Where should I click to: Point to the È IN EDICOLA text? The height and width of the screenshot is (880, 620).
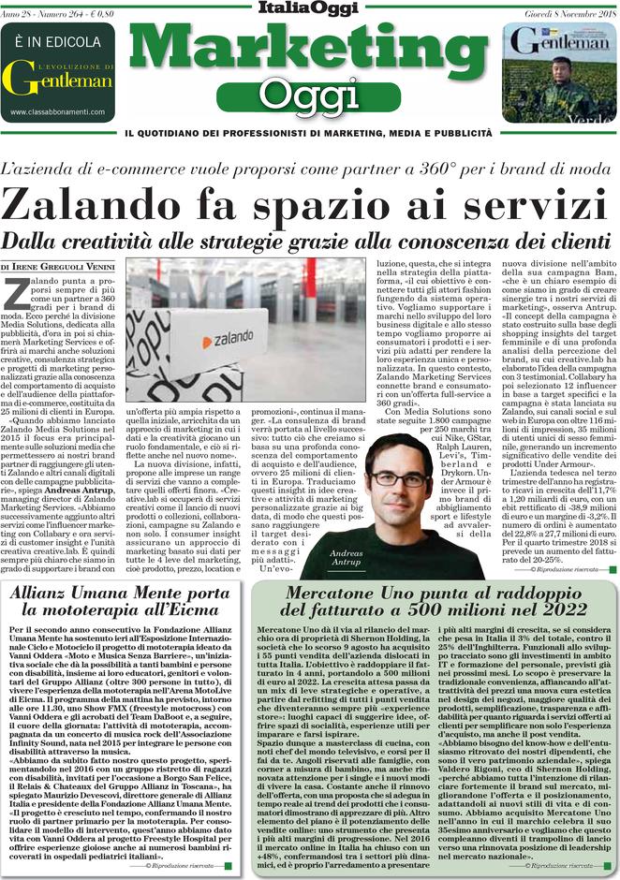pos(57,43)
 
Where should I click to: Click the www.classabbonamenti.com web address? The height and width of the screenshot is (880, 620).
pos(57,112)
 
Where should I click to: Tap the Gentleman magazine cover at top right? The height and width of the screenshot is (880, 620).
pos(559,72)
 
